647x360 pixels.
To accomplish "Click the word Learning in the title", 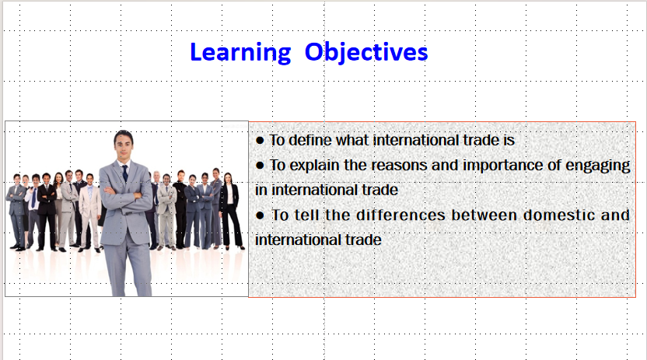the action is (x=240, y=53).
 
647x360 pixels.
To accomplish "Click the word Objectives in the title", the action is (x=366, y=53).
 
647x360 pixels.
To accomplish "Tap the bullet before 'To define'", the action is (x=260, y=141).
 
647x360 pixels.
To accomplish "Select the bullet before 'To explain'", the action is (x=260, y=166).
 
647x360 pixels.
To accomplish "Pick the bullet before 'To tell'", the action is (x=260, y=215).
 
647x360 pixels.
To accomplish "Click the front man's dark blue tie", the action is (x=125, y=173).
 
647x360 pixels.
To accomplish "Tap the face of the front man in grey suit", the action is (x=123, y=147).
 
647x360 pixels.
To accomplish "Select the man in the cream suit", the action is (x=89, y=213).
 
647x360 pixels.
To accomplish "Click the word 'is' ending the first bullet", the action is (x=509, y=140).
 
